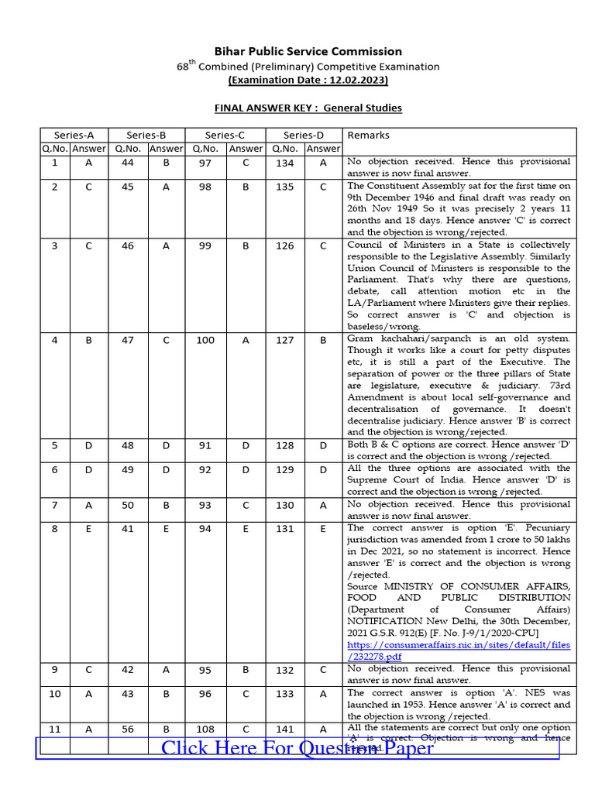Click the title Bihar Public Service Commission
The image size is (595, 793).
(308, 51)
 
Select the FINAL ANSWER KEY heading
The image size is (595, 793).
(308, 108)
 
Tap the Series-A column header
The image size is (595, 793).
(74, 136)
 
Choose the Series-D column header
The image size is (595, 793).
(304, 136)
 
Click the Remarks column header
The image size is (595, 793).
(369, 136)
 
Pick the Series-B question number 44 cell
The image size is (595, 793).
(127, 163)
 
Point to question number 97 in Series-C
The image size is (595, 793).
(205, 163)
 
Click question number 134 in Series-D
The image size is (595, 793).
(285, 163)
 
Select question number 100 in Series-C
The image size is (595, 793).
(205, 340)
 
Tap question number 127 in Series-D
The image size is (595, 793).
(285, 340)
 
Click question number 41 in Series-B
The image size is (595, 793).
(127, 529)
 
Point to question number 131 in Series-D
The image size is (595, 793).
(285, 529)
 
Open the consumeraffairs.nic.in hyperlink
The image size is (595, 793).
(459, 650)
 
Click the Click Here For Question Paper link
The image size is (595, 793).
(297, 748)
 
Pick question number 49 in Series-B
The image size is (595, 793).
(127, 469)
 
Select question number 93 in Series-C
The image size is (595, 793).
(205, 505)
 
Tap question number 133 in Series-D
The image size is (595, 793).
(285, 694)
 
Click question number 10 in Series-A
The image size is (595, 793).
(54, 694)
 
